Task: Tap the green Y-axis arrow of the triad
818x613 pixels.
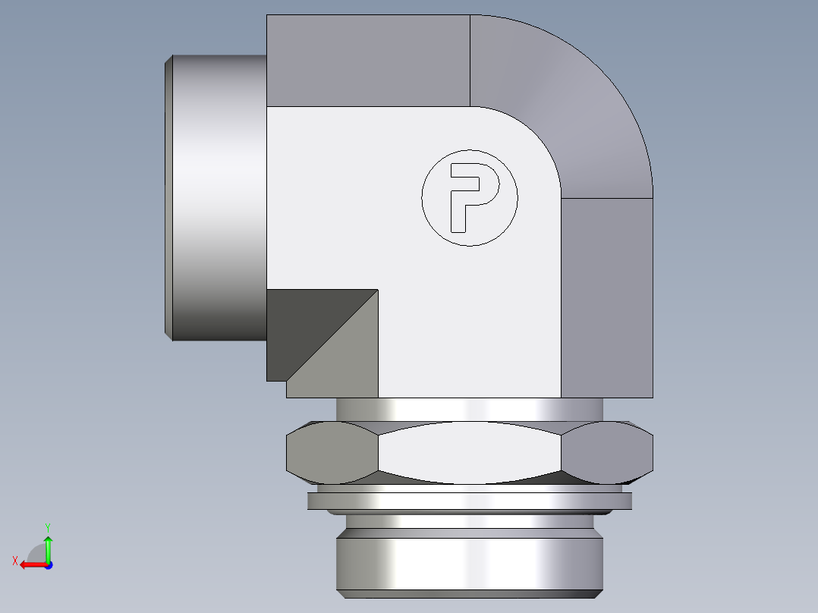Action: click(48, 546)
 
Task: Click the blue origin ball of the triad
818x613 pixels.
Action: click(48, 564)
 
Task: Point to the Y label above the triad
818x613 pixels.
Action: click(47, 527)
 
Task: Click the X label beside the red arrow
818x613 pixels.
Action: click(14, 561)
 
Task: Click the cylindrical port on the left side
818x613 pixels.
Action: click(220, 197)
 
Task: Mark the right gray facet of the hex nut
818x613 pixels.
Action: click(607, 453)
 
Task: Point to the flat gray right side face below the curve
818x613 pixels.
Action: click(607, 296)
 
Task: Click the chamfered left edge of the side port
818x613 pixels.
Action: click(169, 197)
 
